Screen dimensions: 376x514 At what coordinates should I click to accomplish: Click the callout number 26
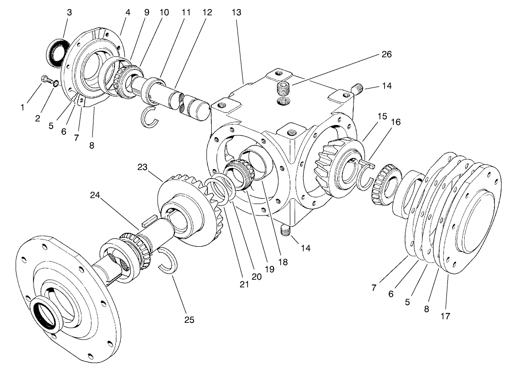(x=386, y=55)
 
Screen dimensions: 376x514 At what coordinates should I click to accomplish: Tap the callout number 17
(x=446, y=316)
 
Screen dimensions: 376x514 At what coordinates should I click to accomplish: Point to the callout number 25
(x=189, y=319)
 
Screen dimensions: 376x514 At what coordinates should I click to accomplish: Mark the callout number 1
(x=22, y=108)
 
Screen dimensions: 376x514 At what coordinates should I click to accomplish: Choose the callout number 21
(x=245, y=285)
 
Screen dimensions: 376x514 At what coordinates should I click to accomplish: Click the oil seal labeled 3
(x=57, y=50)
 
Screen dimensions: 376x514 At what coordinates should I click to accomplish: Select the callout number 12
(x=207, y=13)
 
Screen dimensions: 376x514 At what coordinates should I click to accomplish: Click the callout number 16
(x=395, y=123)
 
